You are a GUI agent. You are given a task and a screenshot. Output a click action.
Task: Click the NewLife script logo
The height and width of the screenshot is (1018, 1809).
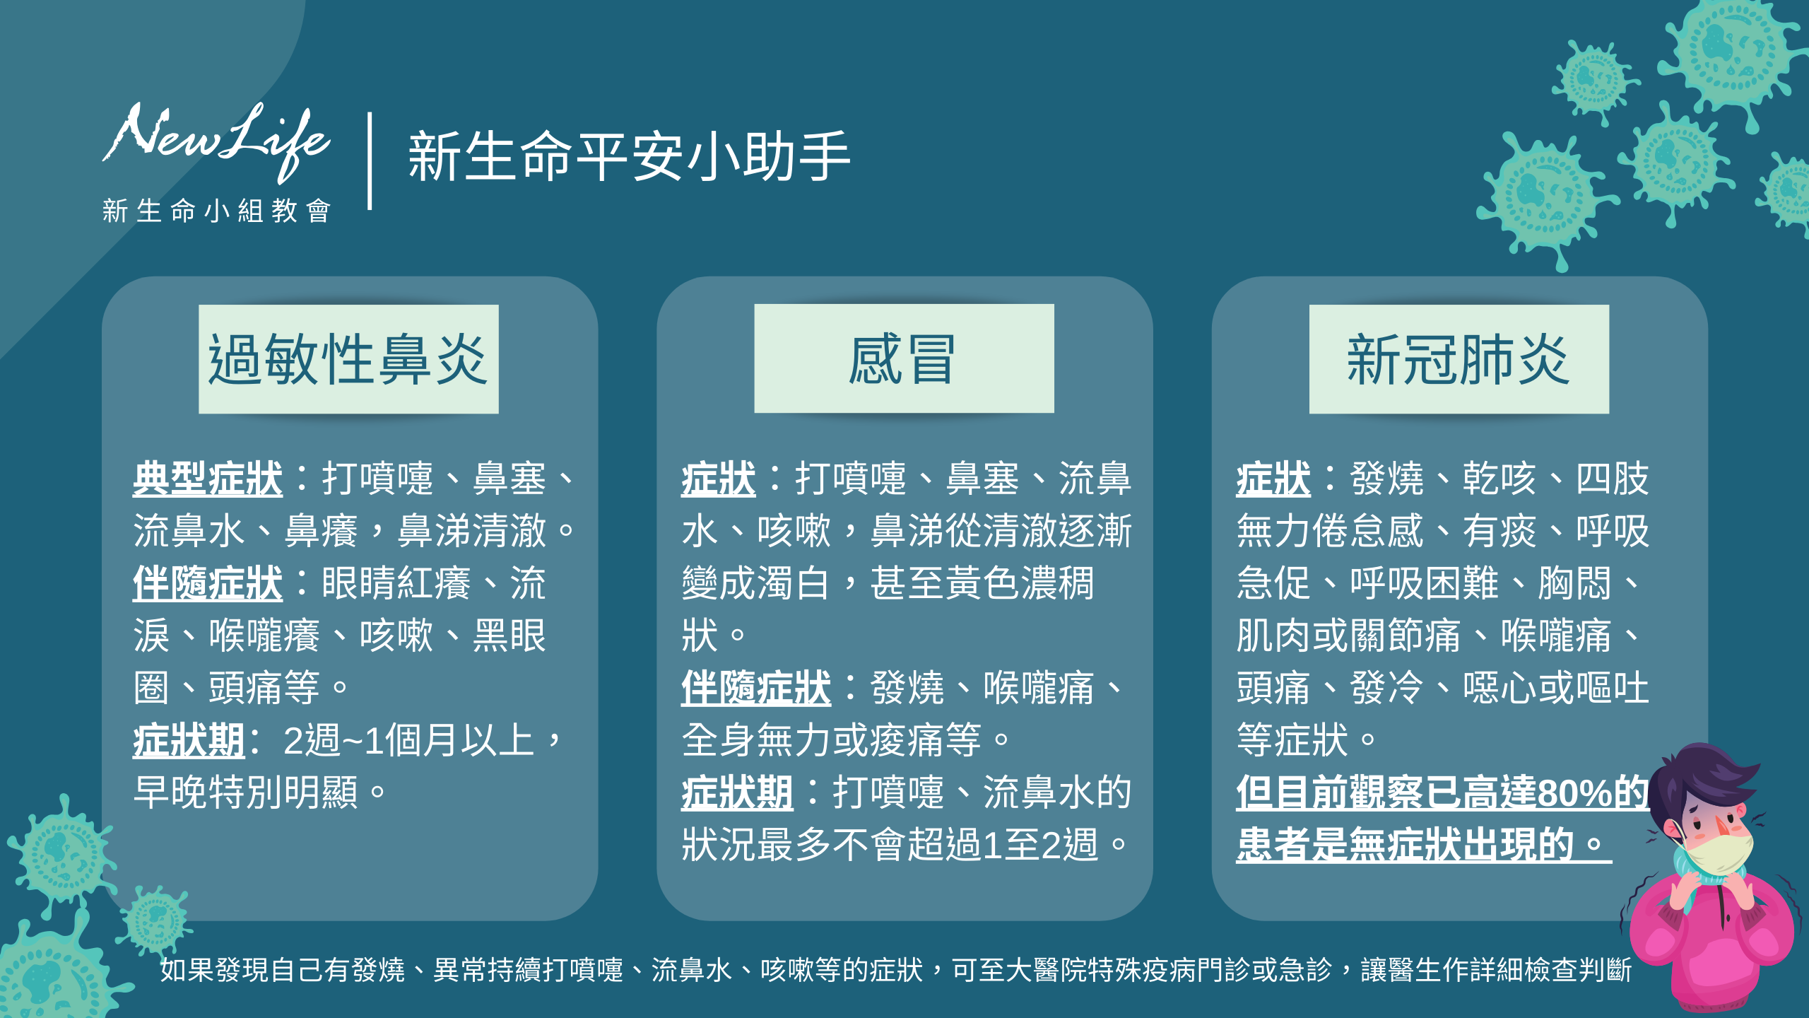(216, 141)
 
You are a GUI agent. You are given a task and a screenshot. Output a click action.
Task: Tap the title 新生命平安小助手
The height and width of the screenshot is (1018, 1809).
(629, 156)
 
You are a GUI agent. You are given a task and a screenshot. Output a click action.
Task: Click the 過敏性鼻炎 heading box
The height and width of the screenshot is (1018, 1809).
(348, 359)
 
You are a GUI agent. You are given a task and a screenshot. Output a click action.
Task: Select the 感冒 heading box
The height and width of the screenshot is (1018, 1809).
(904, 358)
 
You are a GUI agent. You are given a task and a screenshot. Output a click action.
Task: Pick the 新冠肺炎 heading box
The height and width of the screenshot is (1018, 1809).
(1459, 359)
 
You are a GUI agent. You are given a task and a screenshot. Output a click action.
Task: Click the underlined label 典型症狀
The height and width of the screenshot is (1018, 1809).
(208, 479)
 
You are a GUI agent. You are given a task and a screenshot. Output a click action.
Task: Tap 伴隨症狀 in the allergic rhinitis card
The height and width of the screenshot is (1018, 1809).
(208, 583)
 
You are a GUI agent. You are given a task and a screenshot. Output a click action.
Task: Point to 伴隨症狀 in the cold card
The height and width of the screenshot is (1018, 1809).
(756, 688)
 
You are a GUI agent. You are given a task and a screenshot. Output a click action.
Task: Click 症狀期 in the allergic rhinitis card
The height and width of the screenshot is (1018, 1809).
(189, 740)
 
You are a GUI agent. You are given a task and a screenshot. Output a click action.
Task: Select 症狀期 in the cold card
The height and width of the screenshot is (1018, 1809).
(737, 792)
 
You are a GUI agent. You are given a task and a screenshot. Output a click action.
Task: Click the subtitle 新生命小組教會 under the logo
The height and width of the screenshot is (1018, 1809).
(216, 211)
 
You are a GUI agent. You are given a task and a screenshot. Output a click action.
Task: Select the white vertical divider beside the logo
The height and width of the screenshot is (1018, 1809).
(370, 160)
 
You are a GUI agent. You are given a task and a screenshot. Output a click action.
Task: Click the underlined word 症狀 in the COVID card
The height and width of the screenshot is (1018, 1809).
(1273, 479)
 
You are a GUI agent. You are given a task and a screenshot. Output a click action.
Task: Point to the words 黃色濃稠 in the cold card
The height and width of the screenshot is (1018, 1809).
(1019, 583)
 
